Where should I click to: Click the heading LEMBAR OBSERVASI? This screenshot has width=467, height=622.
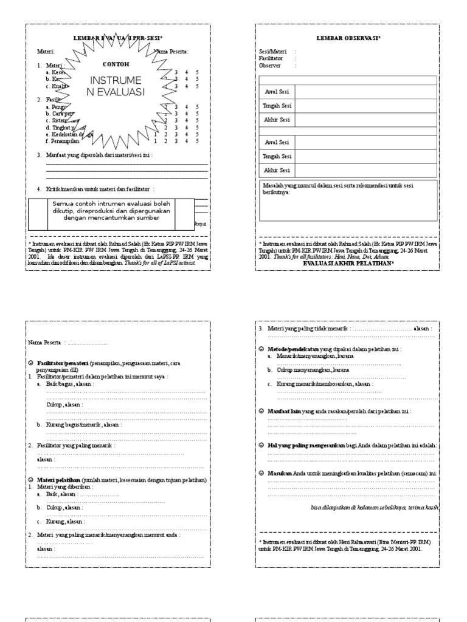coord(346,38)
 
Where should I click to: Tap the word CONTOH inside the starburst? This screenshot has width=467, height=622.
coord(116,64)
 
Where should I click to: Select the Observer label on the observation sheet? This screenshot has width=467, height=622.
coord(271,65)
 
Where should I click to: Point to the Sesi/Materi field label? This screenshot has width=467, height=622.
coord(272,52)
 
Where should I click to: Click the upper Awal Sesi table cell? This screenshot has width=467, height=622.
coord(277,92)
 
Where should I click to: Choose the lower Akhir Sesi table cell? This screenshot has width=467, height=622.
coord(277,170)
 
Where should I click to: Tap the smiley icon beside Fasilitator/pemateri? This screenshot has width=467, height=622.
coord(30,363)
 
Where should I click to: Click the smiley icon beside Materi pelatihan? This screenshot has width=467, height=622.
coord(30,480)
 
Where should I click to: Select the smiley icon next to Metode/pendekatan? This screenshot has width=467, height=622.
coord(261,349)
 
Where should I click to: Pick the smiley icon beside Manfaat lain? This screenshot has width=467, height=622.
coord(261,411)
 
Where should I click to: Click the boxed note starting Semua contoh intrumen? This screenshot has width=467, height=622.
coord(111,210)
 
